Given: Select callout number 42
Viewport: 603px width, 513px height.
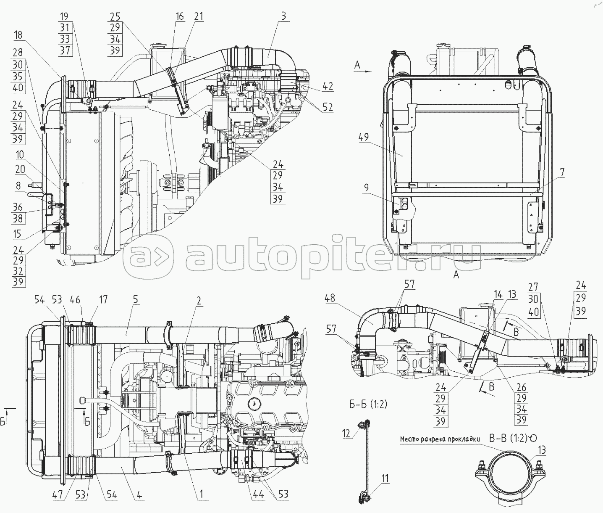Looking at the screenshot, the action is click(328, 87).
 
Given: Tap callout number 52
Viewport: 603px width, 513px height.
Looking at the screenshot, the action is click(328, 108).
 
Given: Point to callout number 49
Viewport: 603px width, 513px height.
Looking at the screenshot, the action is click(364, 137).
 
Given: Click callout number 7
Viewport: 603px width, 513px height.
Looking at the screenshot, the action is click(562, 172).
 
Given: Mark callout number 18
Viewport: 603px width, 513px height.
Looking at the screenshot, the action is click(18, 35).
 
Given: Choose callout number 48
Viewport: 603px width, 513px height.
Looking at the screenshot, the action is click(330, 298).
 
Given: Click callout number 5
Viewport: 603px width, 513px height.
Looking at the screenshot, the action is click(135, 300).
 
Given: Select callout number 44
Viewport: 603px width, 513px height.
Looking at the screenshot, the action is click(258, 494).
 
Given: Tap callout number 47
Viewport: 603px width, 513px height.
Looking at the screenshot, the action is click(58, 494).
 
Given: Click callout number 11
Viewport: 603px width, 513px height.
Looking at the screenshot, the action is click(385, 478).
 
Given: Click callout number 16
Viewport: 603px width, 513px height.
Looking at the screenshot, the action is click(180, 16).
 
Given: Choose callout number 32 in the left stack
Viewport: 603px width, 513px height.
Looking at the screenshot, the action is click(18, 271).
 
